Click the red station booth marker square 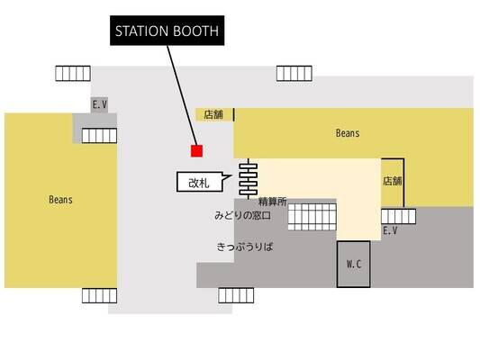(x=196, y=151)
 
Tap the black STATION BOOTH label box (x=168, y=31)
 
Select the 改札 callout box (x=200, y=183)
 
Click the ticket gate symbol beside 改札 (x=249, y=179)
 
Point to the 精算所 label (x=273, y=202)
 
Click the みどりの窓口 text (x=242, y=216)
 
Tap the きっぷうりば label (x=245, y=247)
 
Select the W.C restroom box (x=354, y=265)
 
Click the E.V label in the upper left (x=100, y=105)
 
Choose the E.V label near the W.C (x=390, y=230)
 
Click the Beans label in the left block (x=60, y=200)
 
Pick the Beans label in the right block (x=348, y=133)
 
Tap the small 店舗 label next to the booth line (x=213, y=114)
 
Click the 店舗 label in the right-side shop (x=392, y=181)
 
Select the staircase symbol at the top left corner (x=73, y=74)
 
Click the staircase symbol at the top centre (x=294, y=74)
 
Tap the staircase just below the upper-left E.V (x=99, y=136)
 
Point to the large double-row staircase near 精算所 (x=312, y=217)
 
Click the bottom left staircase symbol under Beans (x=99, y=295)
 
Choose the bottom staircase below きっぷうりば (x=236, y=295)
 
